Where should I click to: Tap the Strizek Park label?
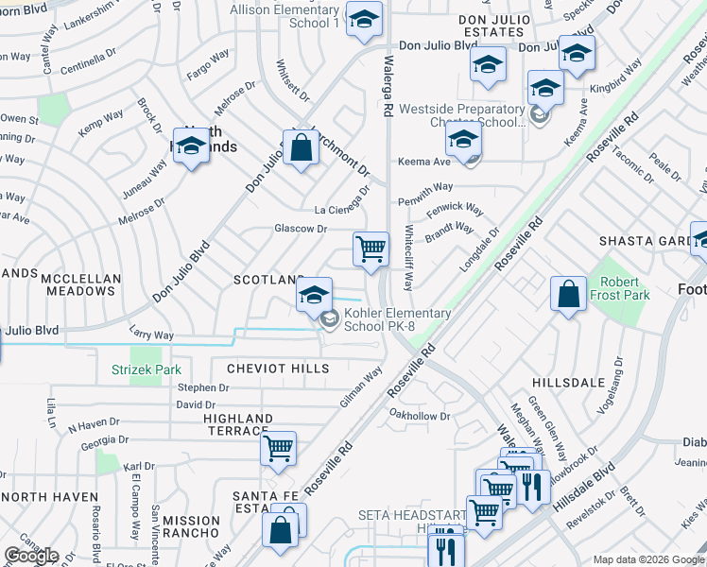click(147, 369)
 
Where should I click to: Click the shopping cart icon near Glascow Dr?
click(371, 249)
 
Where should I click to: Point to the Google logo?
click(30, 556)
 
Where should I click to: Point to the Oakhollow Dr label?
click(419, 415)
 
